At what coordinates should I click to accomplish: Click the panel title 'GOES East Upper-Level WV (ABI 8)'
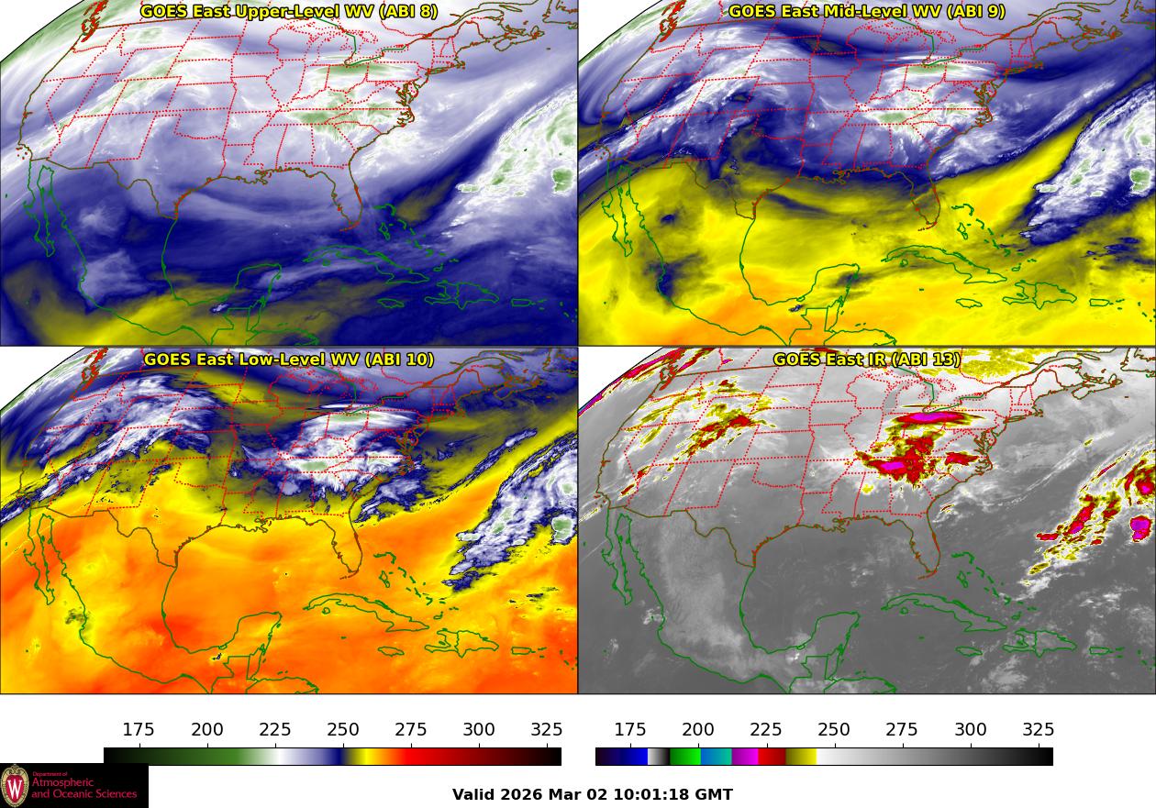click(289, 12)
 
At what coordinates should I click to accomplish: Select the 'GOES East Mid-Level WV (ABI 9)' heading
click(866, 12)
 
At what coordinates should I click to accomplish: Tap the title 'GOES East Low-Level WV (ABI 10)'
click(289, 360)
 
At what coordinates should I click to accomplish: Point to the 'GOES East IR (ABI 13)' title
click(866, 360)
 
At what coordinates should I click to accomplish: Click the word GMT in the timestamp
click(713, 794)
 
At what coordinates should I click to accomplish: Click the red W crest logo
click(15, 786)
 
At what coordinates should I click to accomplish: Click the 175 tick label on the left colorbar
click(139, 730)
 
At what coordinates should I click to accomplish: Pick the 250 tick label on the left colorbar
click(343, 730)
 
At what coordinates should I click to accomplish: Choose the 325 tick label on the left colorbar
click(547, 730)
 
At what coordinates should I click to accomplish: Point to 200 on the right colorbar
click(698, 730)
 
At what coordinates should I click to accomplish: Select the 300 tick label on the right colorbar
click(971, 730)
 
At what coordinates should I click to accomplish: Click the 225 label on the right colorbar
click(766, 730)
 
